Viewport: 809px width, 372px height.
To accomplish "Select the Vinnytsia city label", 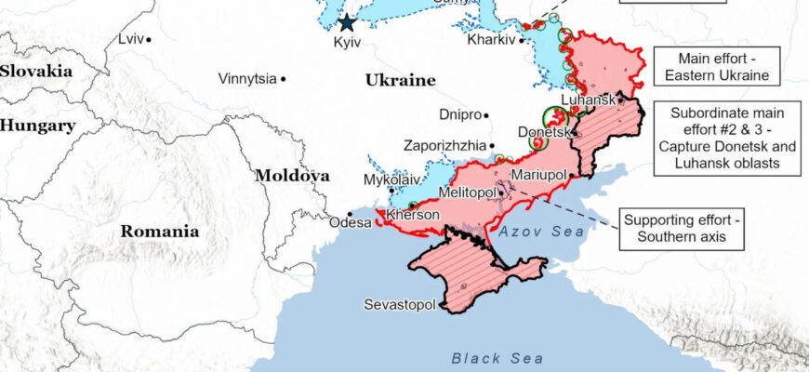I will coord(247,79).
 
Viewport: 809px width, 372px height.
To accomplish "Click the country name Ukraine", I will coord(400,80).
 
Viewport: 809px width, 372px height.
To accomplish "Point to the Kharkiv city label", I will coord(491,40).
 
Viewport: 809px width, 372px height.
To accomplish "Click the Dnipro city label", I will coord(461,115).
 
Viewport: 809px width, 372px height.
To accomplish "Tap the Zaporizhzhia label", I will coord(444,146).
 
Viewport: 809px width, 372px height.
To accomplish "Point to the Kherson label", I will coord(412,215).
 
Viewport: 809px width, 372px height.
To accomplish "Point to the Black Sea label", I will coord(489,357).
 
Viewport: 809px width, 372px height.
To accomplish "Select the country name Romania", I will coord(159,232).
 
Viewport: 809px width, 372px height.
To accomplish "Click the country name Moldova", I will coord(292,175).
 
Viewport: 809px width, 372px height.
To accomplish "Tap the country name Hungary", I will coord(37,126).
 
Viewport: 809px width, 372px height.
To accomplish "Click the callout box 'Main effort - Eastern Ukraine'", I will coord(716,66).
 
